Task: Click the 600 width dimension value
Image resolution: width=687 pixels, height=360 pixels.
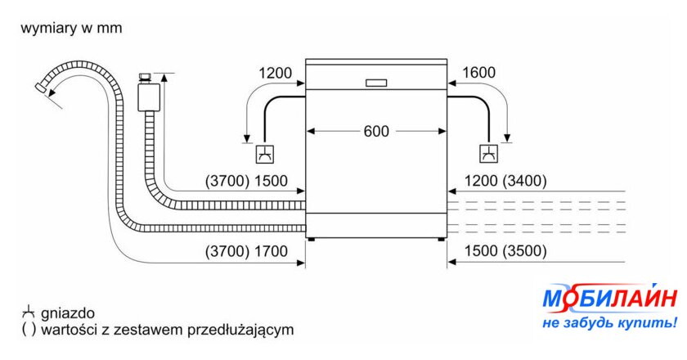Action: point(377,131)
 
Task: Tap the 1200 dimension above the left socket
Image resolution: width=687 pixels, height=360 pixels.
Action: point(275,73)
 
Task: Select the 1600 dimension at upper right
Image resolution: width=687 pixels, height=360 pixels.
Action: point(478,73)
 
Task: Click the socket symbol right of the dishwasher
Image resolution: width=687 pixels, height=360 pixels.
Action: point(488,154)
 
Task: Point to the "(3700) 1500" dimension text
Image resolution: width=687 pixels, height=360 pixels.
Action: point(246,182)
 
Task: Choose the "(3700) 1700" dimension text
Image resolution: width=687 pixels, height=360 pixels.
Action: point(246,252)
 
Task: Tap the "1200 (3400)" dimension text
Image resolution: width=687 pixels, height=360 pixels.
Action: point(505,182)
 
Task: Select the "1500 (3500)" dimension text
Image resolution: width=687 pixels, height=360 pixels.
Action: point(505,252)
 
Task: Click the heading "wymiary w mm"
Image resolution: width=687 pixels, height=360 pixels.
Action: point(71,29)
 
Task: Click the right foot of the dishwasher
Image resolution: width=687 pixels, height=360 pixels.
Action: point(442,239)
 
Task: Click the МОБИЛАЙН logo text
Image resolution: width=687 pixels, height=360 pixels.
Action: point(608,300)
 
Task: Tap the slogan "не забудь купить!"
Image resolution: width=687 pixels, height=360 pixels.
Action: point(608,323)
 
